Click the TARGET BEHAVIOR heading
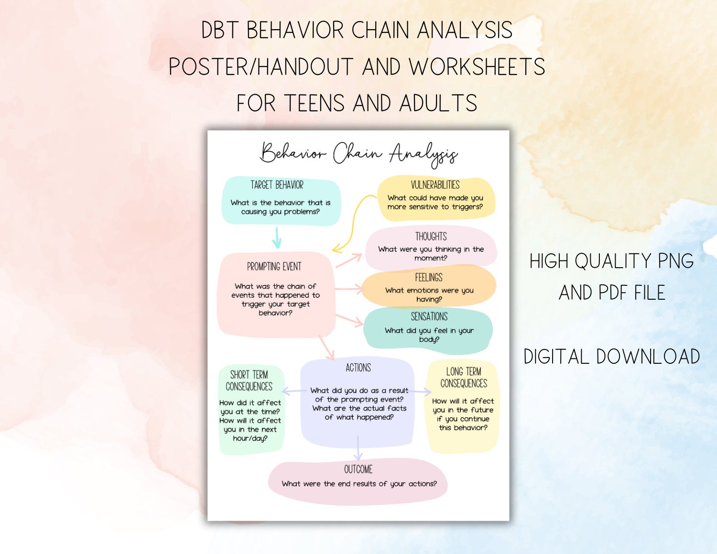pyautogui.click(x=277, y=185)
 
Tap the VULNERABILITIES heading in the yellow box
pyautogui.click(x=435, y=185)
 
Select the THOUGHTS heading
pyautogui.click(x=431, y=237)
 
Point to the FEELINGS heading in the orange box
pyautogui.click(x=429, y=278)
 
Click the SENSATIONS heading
pyautogui.click(x=429, y=317)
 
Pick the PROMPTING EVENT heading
pyautogui.click(x=274, y=267)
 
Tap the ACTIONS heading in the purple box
pyautogui.click(x=358, y=368)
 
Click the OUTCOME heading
pyautogui.click(x=358, y=469)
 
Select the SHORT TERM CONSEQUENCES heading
pyautogui.click(x=249, y=381)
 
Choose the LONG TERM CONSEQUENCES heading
pyautogui.click(x=464, y=378)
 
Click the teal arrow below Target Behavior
pyautogui.click(x=277, y=238)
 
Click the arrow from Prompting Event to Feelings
pyautogui.click(x=349, y=289)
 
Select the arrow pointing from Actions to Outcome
pyautogui.click(x=358, y=448)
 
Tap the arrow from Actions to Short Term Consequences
pyautogui.click(x=294, y=391)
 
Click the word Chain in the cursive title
pyautogui.click(x=358, y=153)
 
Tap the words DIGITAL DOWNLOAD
pyautogui.click(x=612, y=357)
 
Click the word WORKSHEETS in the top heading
pyautogui.click(x=477, y=66)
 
